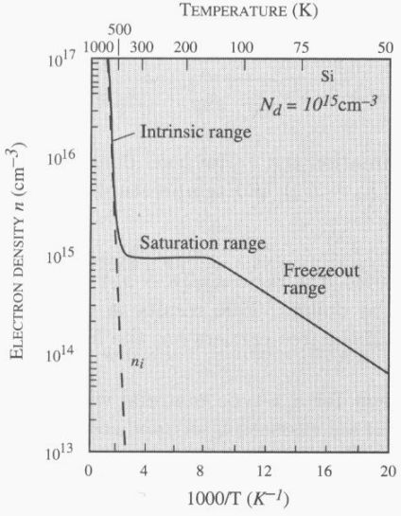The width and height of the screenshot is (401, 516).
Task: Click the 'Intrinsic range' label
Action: (x=195, y=132)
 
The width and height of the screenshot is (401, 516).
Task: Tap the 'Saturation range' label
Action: (x=202, y=243)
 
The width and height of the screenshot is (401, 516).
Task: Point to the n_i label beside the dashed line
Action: (x=135, y=361)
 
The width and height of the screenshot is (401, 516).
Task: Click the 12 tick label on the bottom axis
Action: (x=267, y=472)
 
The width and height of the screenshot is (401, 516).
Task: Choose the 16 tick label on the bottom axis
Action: (x=327, y=472)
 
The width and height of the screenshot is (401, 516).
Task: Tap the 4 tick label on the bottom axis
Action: (x=148, y=472)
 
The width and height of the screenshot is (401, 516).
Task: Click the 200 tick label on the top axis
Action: (x=185, y=46)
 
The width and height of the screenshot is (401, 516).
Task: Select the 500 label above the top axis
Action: (x=120, y=31)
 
